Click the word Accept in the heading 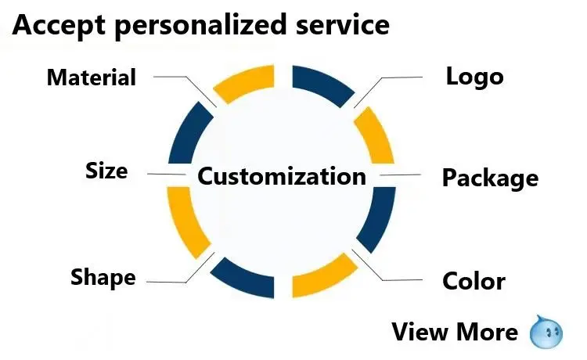tap(58, 25)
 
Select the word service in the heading tap(343, 25)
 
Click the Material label tap(92, 77)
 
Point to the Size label tap(106, 171)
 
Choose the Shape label tap(103, 277)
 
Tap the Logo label tap(474, 77)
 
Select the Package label tap(490, 178)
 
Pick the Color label tap(474, 280)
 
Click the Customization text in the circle tap(282, 175)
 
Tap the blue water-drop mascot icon tap(546, 331)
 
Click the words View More tap(455, 332)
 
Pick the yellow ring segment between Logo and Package tap(376, 134)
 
